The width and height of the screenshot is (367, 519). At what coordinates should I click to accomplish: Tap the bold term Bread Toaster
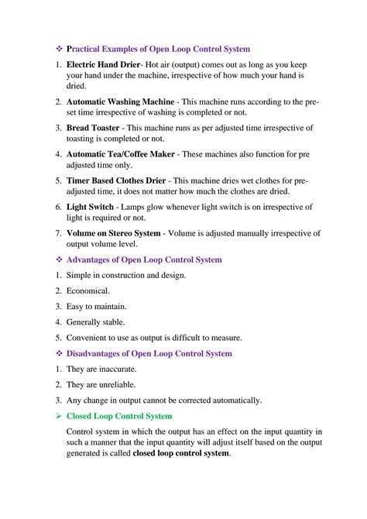(93, 128)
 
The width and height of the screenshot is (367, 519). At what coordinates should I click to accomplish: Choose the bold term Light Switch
(90, 207)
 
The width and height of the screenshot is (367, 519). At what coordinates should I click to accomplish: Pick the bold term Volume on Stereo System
(114, 233)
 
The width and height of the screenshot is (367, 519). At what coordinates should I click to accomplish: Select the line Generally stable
(95, 321)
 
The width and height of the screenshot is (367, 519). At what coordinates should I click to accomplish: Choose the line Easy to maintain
(96, 306)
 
